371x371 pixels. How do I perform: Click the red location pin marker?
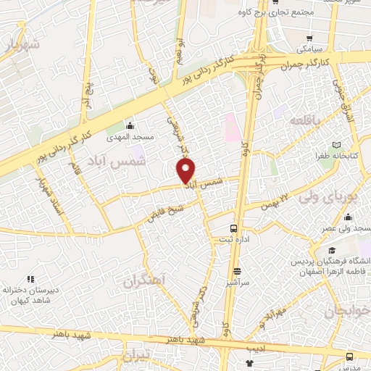(x=186, y=171)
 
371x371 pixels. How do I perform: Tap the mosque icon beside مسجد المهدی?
(x=130, y=125)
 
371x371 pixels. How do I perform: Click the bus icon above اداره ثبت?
(x=233, y=229)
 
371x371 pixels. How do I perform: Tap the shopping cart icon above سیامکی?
(x=309, y=38)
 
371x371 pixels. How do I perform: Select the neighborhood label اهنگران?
(x=145, y=280)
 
